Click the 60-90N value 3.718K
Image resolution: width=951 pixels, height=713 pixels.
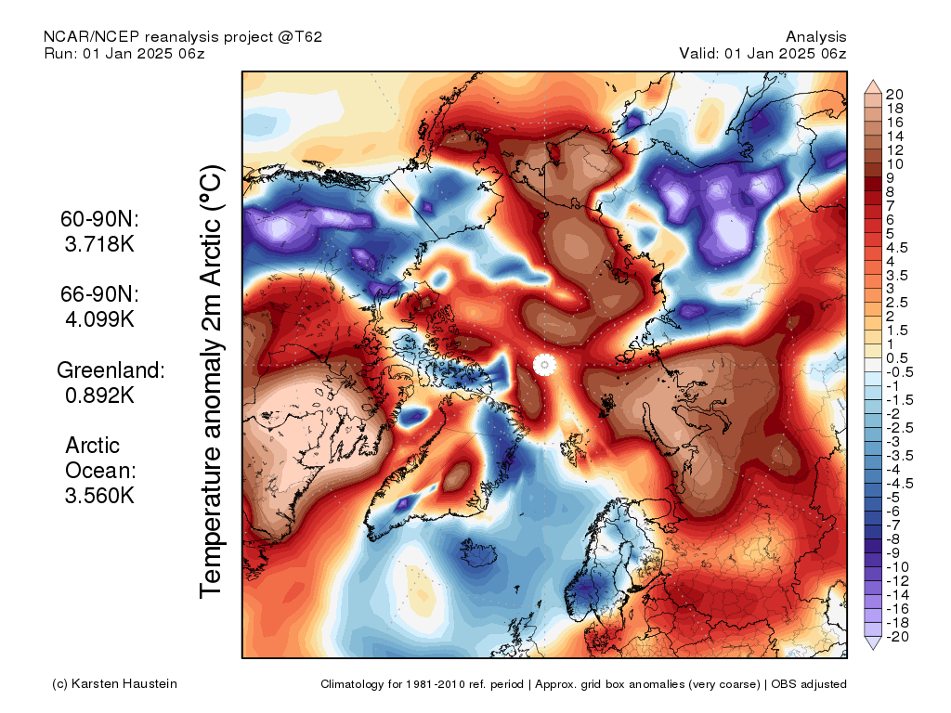(99, 244)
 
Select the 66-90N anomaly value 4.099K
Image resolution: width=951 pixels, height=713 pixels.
(99, 319)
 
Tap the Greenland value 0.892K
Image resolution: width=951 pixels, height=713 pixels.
(99, 395)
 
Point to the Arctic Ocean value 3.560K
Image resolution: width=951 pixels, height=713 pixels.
(99, 496)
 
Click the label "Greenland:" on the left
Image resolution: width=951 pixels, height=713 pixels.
(111, 369)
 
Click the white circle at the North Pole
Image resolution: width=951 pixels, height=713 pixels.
(544, 365)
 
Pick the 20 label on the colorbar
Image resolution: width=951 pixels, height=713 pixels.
(894, 95)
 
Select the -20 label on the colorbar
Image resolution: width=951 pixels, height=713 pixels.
(896, 637)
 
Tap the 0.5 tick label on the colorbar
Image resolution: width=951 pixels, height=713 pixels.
(896, 358)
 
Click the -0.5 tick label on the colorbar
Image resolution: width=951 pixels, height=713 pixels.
(898, 372)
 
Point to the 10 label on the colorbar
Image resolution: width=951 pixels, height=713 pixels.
(894, 164)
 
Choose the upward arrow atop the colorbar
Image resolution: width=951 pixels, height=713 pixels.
(873, 86)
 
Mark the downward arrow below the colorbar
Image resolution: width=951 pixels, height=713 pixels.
(873, 643)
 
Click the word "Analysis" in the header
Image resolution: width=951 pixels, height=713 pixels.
(815, 37)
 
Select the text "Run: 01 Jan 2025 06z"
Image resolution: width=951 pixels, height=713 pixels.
(124, 53)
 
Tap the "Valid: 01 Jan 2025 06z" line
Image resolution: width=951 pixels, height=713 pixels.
(762, 53)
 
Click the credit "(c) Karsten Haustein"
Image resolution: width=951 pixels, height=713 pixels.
(114, 684)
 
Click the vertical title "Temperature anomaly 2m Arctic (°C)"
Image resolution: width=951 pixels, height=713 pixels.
(211, 382)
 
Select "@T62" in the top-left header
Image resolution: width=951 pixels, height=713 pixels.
(300, 37)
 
